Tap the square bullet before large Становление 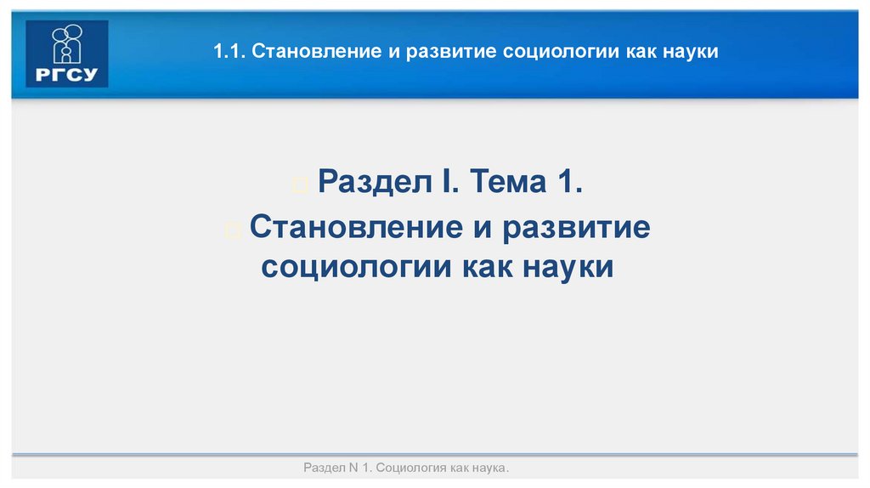[x=235, y=230]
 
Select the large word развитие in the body [x=576, y=227]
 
